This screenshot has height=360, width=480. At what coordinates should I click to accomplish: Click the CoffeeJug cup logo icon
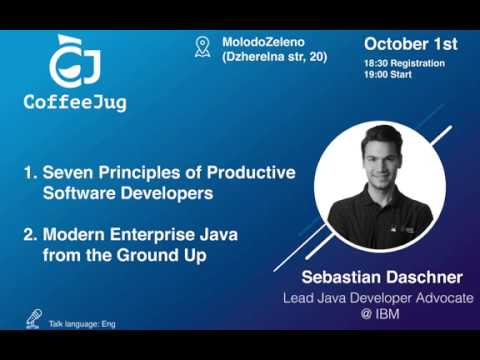tap(72, 62)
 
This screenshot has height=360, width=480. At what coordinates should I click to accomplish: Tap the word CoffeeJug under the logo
tap(75, 102)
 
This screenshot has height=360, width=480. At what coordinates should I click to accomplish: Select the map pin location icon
tap(203, 48)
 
